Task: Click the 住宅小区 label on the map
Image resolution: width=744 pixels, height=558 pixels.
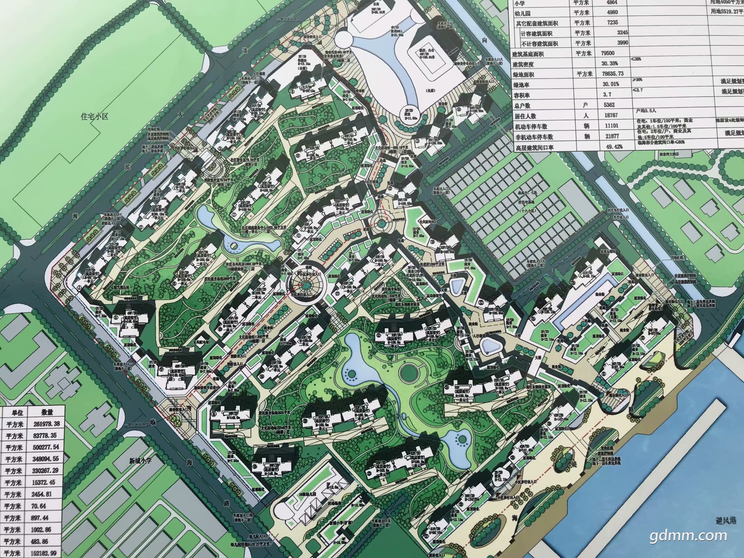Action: pyautogui.click(x=94, y=116)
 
